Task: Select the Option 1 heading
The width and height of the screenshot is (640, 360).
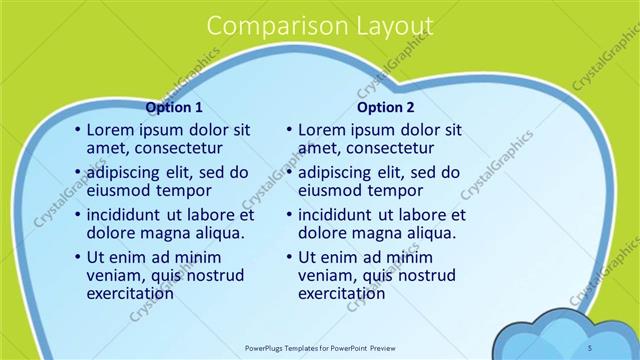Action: click(174, 107)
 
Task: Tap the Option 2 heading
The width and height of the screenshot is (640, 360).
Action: click(385, 107)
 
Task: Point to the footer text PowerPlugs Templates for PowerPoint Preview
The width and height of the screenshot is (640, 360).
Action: click(319, 348)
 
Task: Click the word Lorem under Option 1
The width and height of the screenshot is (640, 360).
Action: click(110, 129)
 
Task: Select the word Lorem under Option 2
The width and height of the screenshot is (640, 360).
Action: click(321, 129)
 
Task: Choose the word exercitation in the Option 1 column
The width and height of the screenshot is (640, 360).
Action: click(130, 293)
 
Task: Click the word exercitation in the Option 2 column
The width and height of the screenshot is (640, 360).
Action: click(341, 293)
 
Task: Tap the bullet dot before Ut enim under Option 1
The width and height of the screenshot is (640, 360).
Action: click(77, 258)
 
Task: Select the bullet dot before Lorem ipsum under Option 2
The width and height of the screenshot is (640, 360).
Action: click(288, 130)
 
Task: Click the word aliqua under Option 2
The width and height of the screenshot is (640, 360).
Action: click(432, 233)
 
